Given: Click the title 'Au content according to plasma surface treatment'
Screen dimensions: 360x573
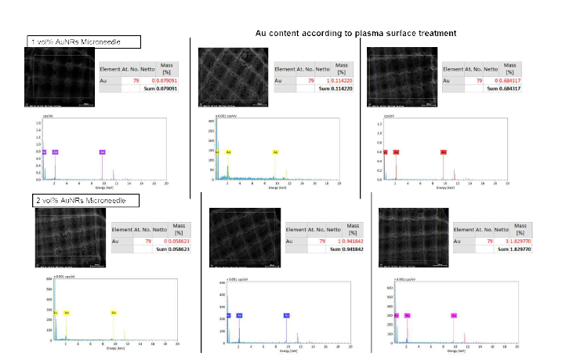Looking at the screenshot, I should [356, 33].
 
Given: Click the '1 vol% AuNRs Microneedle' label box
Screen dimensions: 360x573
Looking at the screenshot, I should [84, 42].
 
